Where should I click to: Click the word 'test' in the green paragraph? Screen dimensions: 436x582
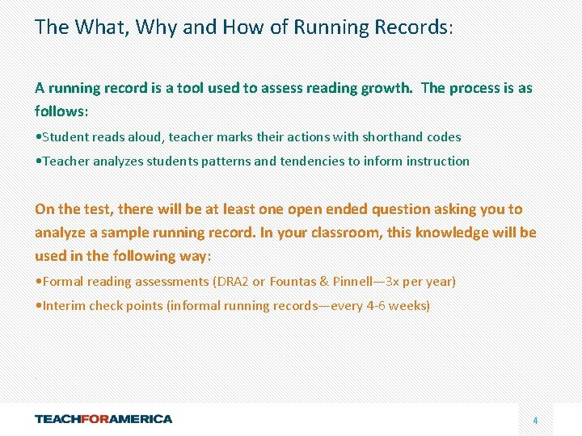[95, 209]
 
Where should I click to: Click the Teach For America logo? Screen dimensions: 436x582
[103, 419]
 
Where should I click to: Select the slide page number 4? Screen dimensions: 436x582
[535, 421]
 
